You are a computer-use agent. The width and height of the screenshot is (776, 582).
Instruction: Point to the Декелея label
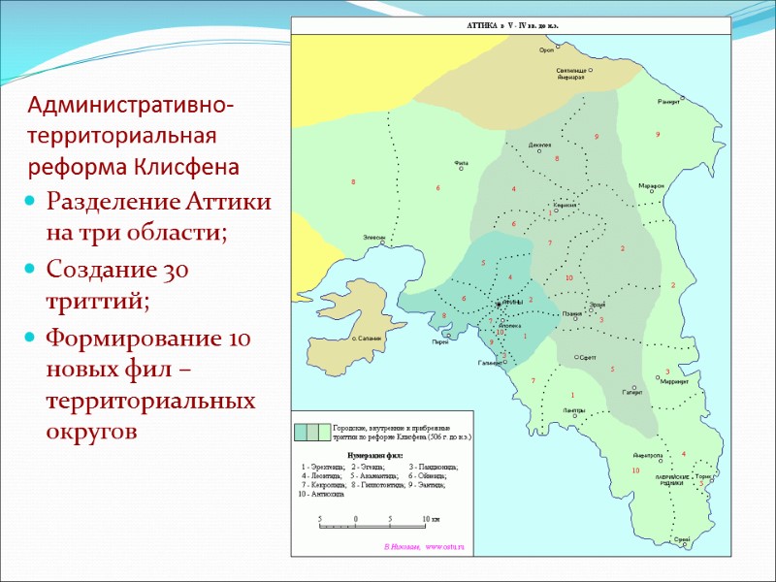click(539, 145)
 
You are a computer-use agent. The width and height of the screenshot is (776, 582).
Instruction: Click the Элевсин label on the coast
click(373, 237)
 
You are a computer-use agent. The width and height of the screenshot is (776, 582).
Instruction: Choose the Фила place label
click(461, 163)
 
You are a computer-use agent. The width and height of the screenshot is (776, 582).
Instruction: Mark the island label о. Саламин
click(366, 337)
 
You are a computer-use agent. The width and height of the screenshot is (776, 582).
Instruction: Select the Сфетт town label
click(586, 357)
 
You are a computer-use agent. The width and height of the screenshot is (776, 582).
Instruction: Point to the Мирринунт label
click(673, 382)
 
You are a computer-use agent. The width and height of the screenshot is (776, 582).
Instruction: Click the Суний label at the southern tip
click(682, 539)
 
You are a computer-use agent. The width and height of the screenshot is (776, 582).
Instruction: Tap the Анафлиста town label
click(647, 455)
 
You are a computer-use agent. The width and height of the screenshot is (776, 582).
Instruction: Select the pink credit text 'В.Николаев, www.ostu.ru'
click(425, 548)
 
